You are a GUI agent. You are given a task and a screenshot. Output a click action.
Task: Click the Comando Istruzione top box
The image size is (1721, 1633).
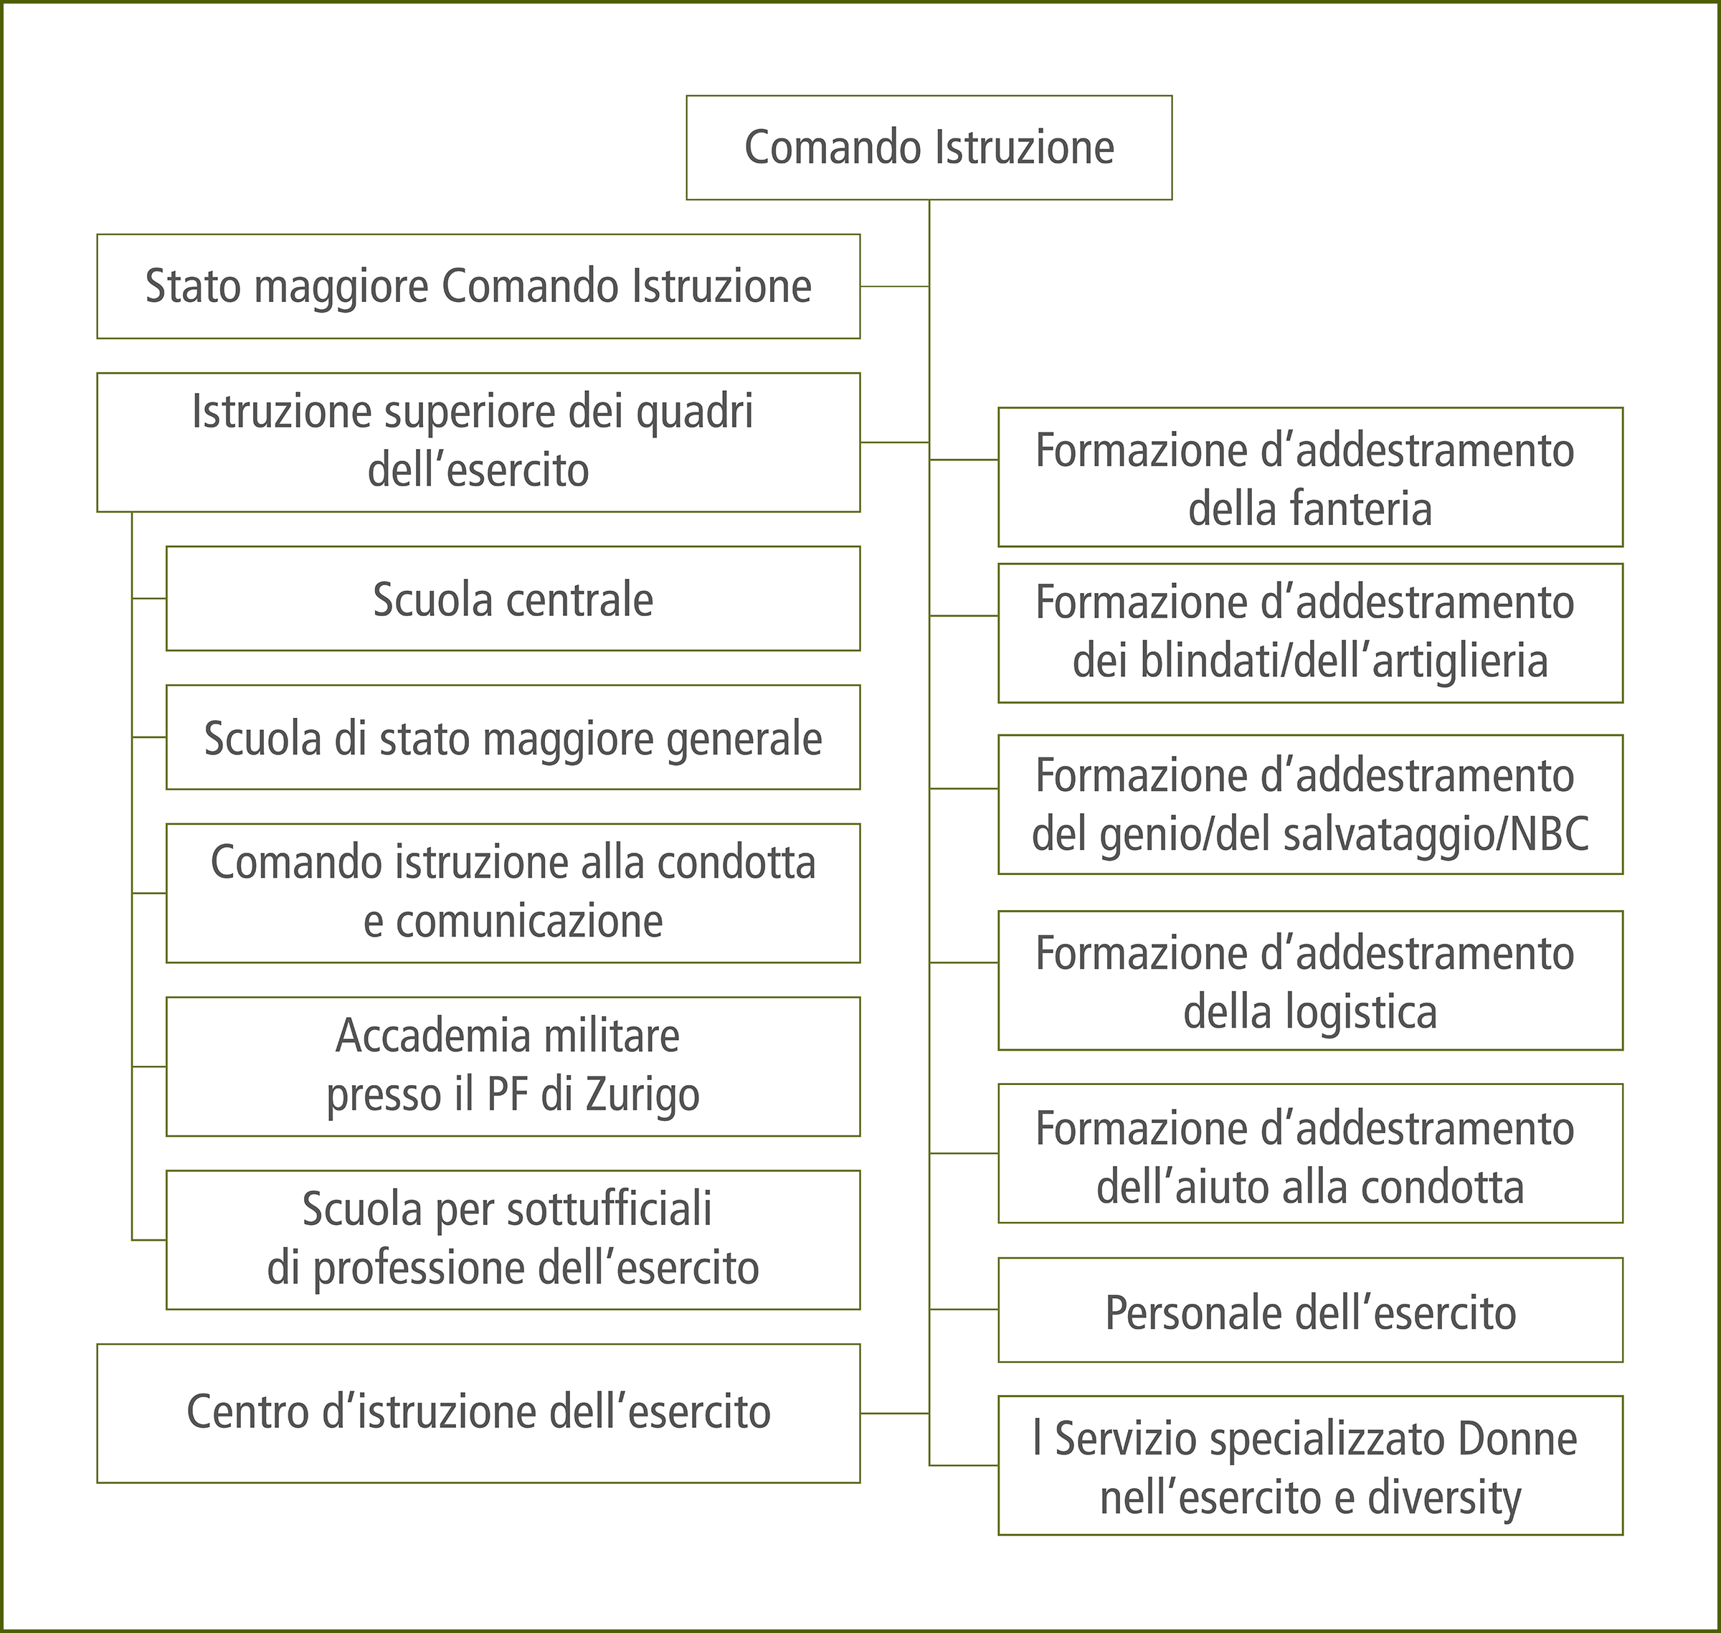tap(929, 147)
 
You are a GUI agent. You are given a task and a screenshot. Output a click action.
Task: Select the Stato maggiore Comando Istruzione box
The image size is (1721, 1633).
tap(478, 286)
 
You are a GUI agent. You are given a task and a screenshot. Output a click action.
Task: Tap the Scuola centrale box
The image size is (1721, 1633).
tap(513, 599)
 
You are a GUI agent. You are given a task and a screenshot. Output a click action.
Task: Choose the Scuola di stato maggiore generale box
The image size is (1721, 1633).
tap(513, 738)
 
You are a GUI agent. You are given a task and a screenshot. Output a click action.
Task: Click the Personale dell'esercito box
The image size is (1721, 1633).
tap(1310, 1312)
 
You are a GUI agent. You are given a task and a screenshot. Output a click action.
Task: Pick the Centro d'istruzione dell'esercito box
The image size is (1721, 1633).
tap(478, 1412)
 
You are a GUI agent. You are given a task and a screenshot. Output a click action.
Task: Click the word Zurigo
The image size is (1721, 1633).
tap(643, 1095)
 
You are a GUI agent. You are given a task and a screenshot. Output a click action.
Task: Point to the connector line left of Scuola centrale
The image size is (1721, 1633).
tap(149, 599)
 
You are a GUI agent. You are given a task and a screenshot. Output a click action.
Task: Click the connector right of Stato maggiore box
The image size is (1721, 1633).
tap(894, 286)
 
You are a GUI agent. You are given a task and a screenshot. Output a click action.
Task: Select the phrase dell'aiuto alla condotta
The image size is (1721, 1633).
tap(1310, 1185)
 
